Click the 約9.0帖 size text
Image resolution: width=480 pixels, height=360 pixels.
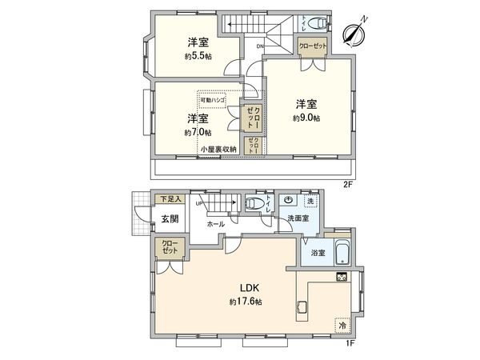pos(306,118)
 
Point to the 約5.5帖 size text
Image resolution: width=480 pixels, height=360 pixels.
pos(198,57)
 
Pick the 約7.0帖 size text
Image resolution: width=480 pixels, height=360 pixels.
pos(197,132)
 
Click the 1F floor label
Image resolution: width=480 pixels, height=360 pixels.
pos(349,342)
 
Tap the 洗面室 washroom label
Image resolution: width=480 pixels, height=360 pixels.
pos(296,217)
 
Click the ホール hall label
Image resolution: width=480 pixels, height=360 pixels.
pos(215,225)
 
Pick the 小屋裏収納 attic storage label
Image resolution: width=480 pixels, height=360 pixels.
pos(218,150)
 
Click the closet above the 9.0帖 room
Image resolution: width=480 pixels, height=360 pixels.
pos(312,47)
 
